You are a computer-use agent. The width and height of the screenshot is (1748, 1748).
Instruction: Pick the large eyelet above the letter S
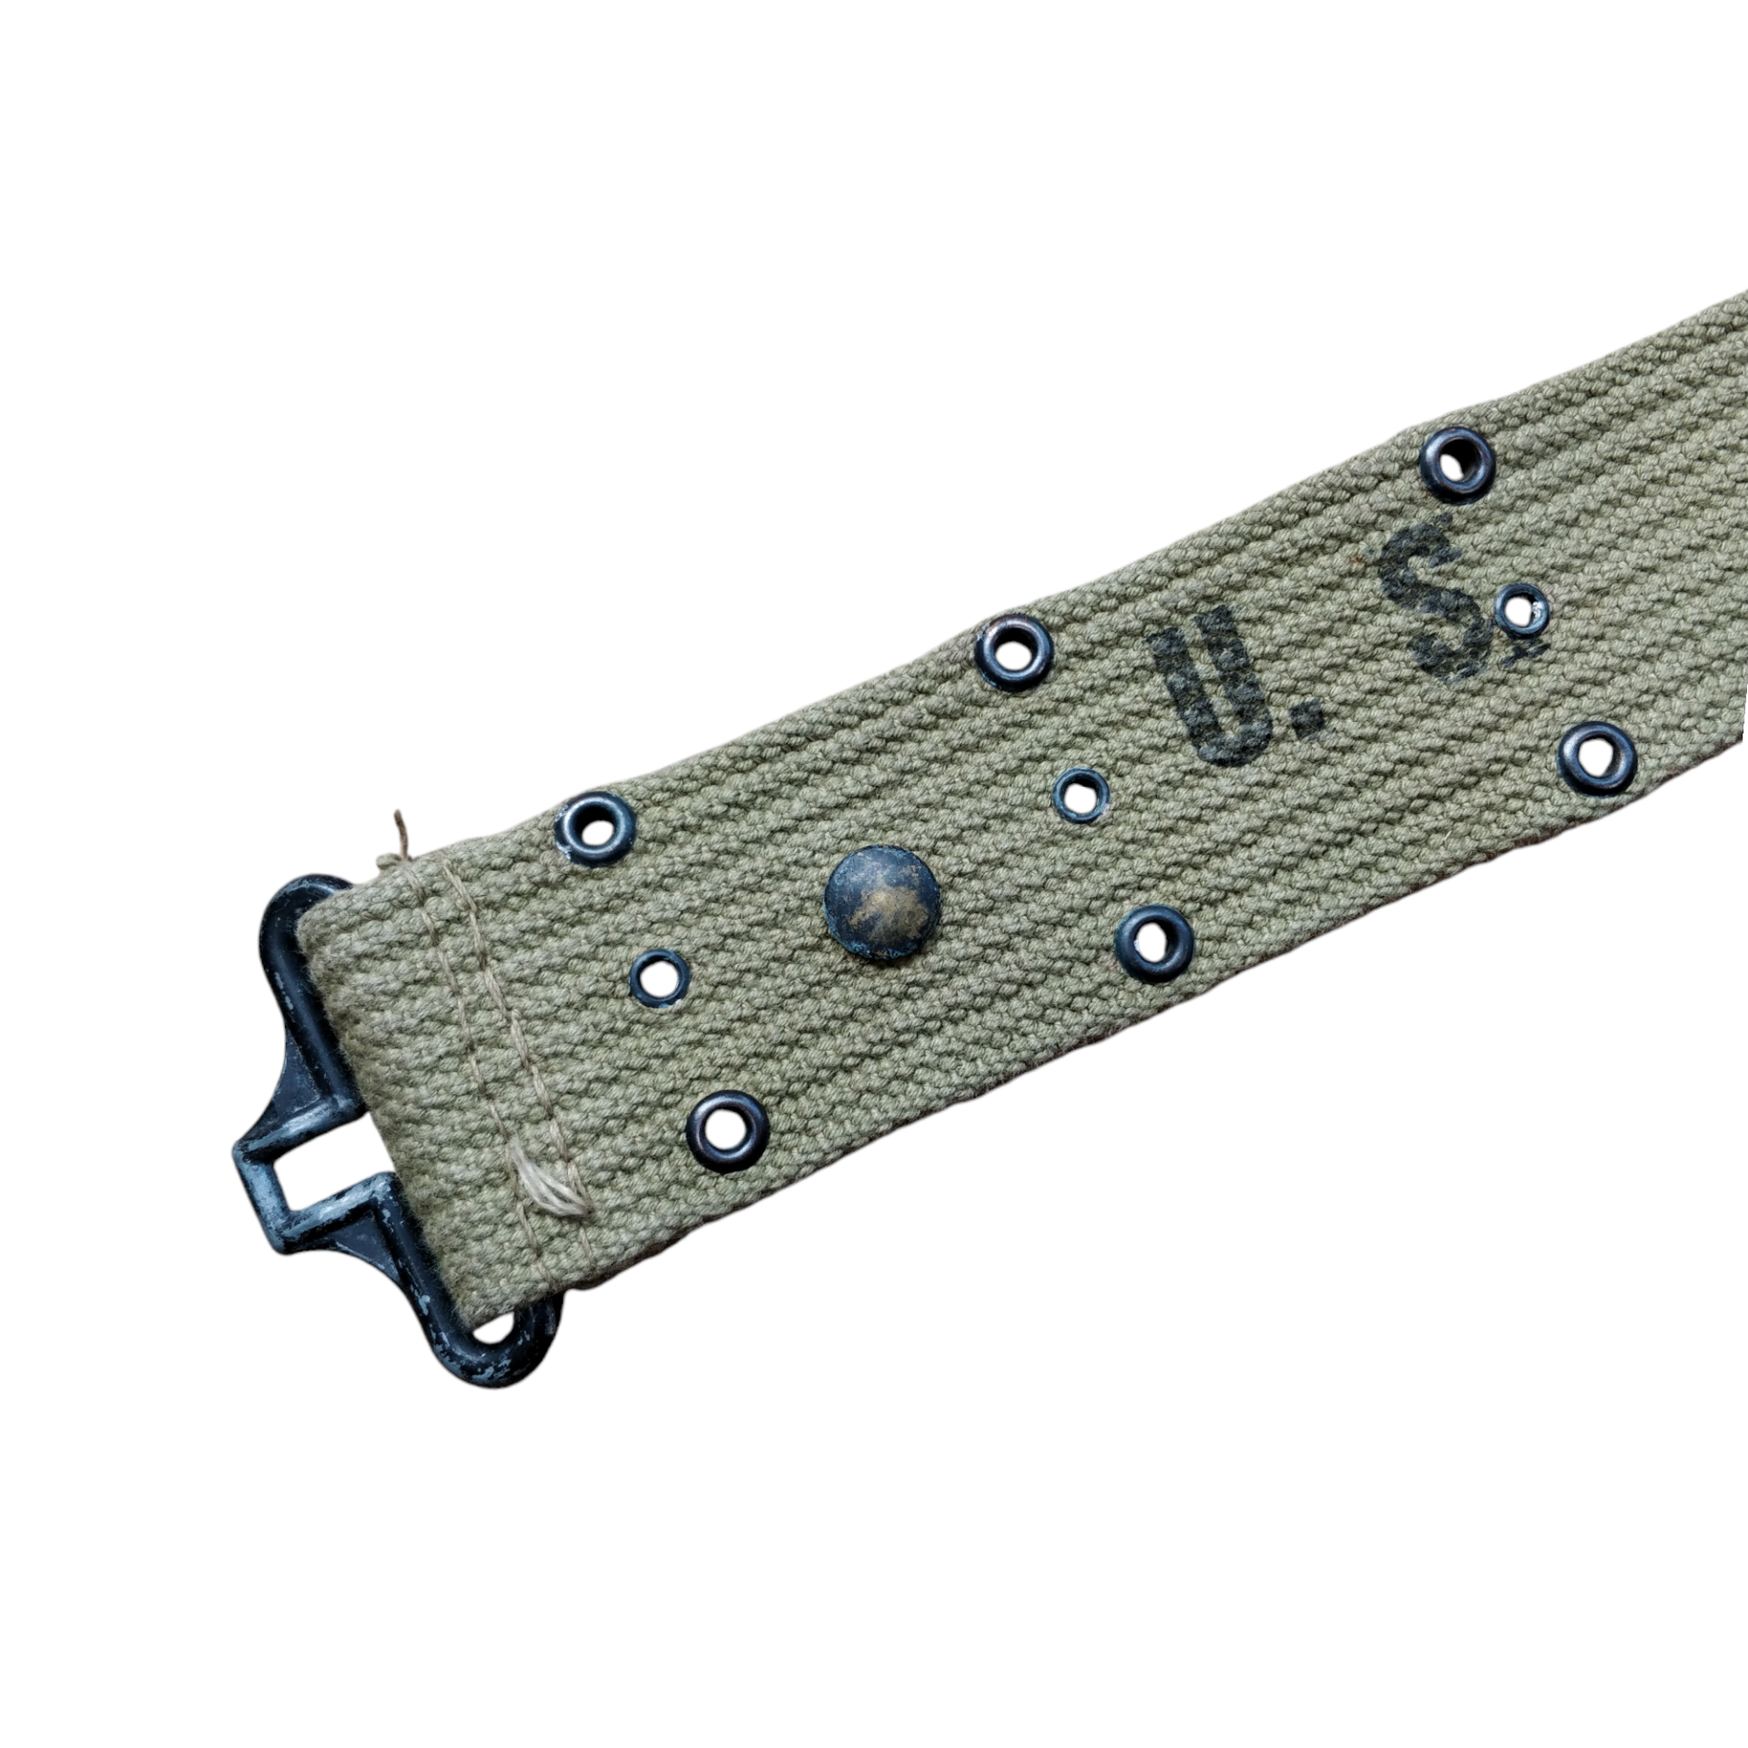1458,465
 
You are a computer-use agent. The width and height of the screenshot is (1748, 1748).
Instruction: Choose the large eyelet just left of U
1013,653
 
